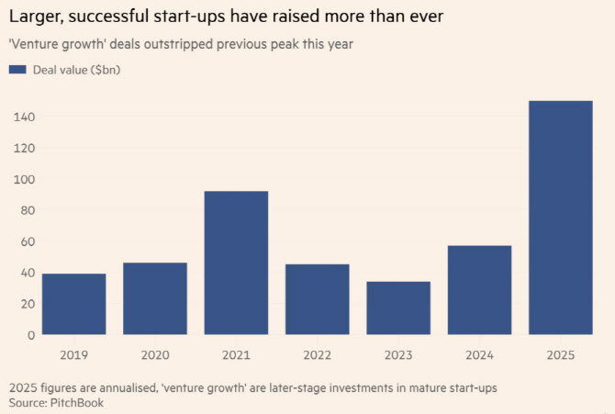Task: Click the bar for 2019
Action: coord(73,304)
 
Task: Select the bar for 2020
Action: coord(155,298)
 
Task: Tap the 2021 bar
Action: coord(236,263)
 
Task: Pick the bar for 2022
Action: coord(317,299)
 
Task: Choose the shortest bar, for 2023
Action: coord(398,308)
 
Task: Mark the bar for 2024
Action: coord(479,289)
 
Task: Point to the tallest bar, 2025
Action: coord(561,218)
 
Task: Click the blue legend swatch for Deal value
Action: coord(17,70)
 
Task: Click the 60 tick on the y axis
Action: coord(25,241)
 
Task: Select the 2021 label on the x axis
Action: coord(236,354)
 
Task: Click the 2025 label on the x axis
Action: coord(561,354)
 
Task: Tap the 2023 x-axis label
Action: coord(398,354)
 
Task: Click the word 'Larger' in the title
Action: coord(36,17)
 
